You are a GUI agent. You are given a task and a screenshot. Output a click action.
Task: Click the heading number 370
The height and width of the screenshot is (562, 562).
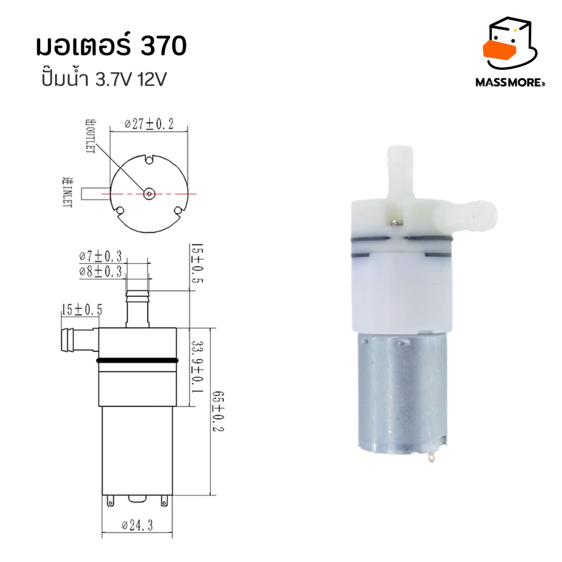[164, 46]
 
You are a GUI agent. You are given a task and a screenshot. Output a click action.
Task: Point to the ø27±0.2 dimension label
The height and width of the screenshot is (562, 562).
[149, 124]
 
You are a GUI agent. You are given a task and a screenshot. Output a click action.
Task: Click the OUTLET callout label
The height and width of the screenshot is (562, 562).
[91, 137]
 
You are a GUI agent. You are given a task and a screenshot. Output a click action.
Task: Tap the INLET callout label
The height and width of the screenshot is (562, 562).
[68, 192]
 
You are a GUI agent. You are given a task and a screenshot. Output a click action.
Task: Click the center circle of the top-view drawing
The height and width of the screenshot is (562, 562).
[149, 194]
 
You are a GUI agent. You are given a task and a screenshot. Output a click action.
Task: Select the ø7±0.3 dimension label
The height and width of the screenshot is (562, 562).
[101, 256]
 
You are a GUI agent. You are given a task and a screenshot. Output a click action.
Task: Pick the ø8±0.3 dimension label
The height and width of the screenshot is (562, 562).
[101, 271]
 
